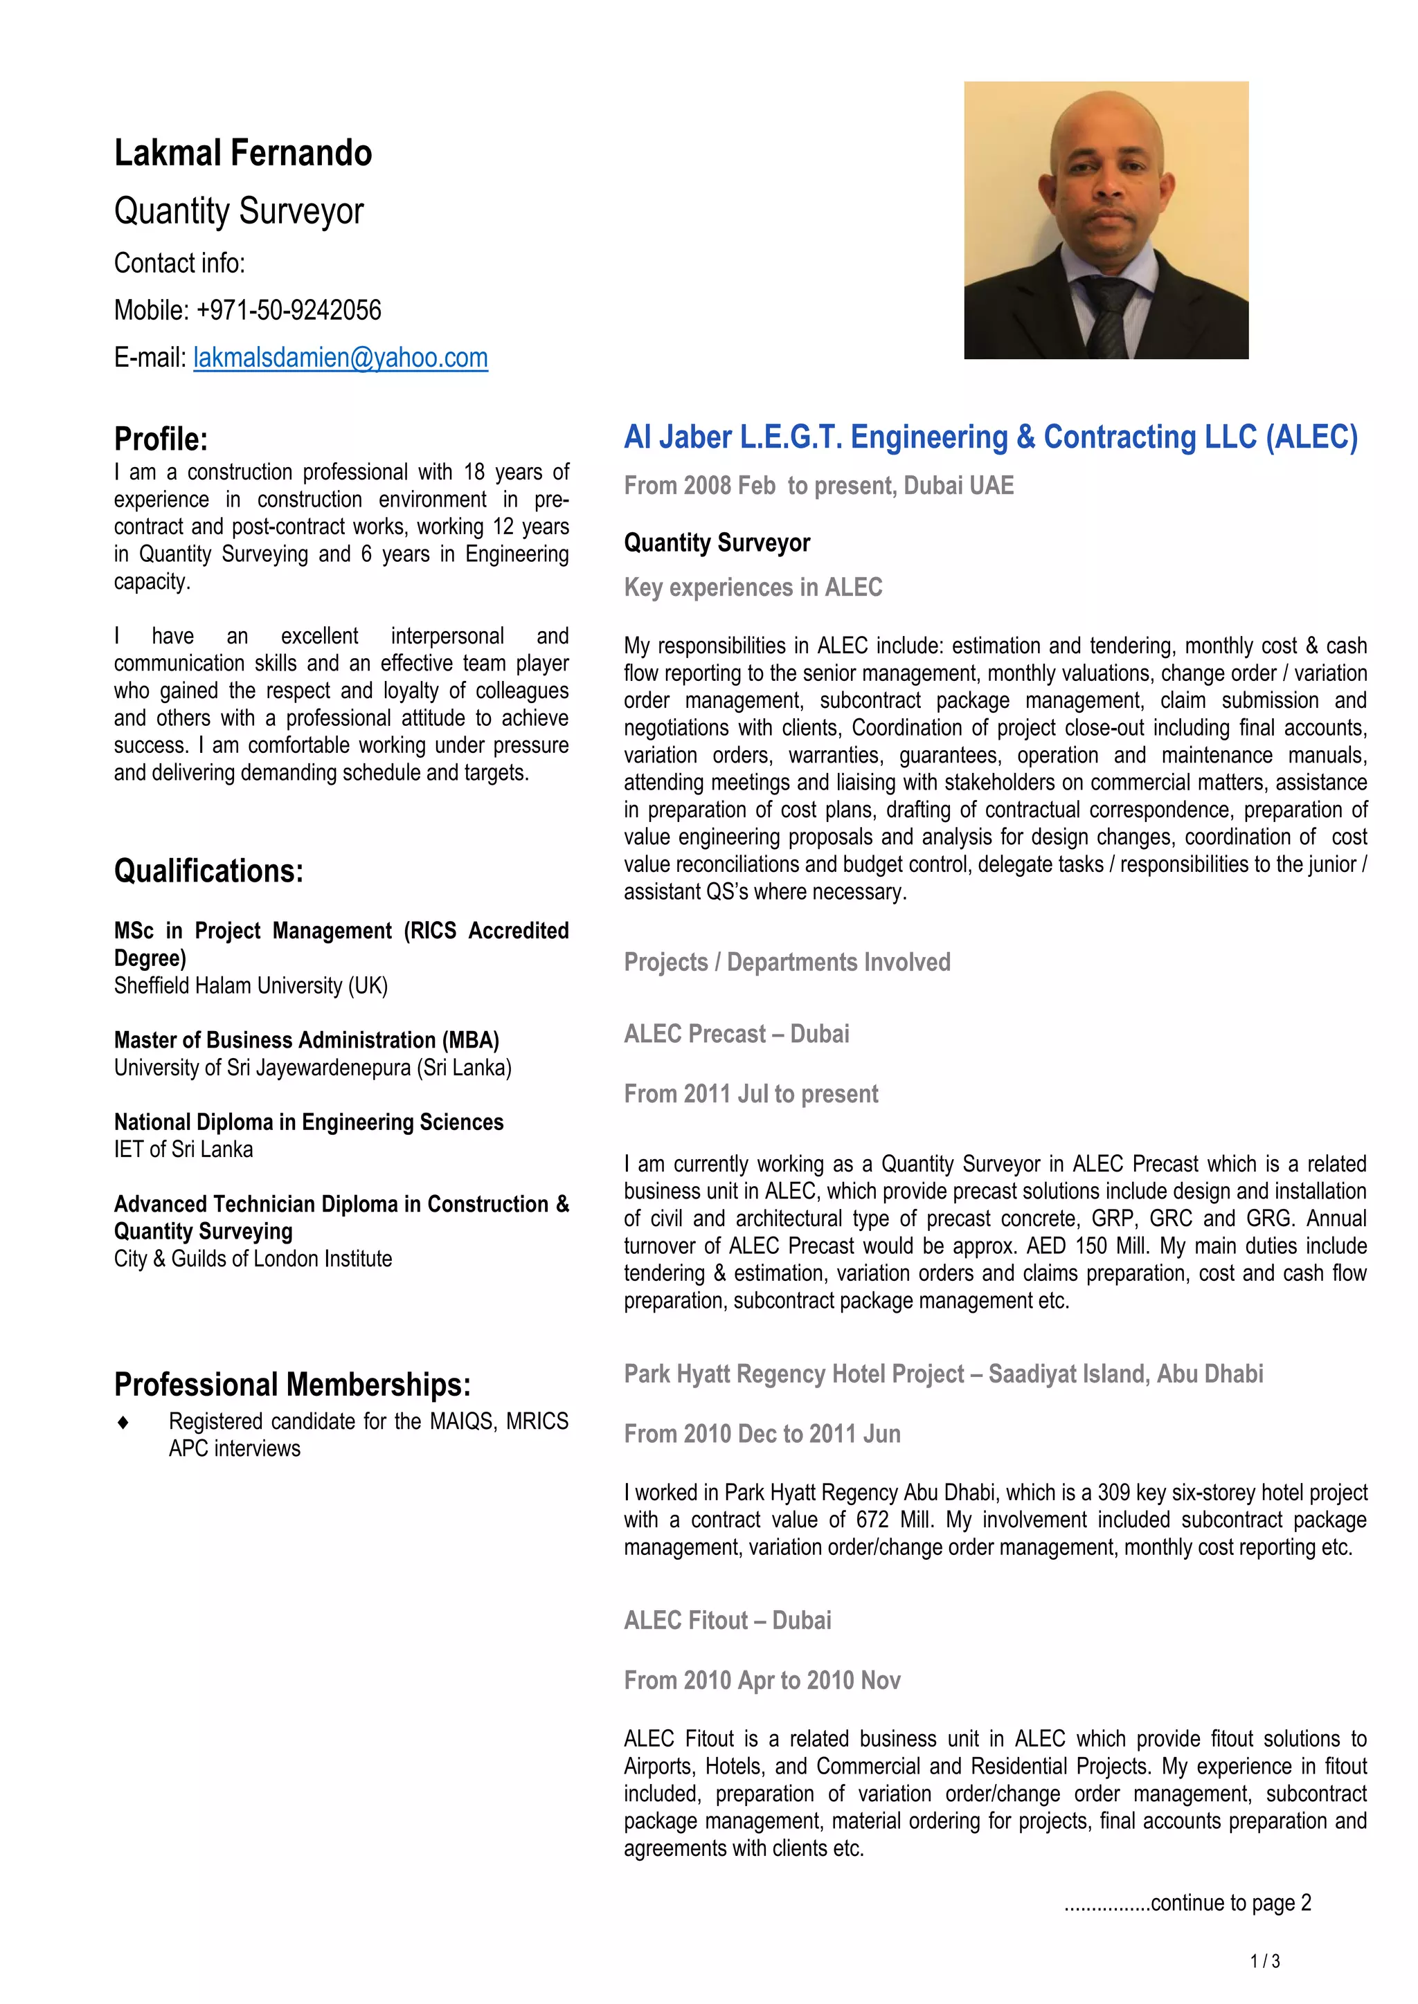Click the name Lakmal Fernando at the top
tap(243, 154)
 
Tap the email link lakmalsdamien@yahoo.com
tap(341, 358)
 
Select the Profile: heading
tap(161, 439)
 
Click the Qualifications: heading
tap(208, 871)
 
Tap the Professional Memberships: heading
tap(292, 1384)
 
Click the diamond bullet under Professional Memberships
tap(123, 1423)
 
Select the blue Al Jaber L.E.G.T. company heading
tap(991, 437)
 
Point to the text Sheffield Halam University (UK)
tap(251, 985)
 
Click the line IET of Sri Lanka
tap(183, 1149)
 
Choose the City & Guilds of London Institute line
tap(252, 1259)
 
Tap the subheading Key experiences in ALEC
tap(753, 587)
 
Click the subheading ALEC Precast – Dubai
tap(736, 1035)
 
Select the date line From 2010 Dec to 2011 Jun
tap(762, 1434)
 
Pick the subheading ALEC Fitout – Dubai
tap(727, 1621)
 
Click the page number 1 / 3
tap(1265, 1961)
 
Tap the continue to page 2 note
tap(1187, 1903)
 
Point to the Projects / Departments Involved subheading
tap(787, 962)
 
